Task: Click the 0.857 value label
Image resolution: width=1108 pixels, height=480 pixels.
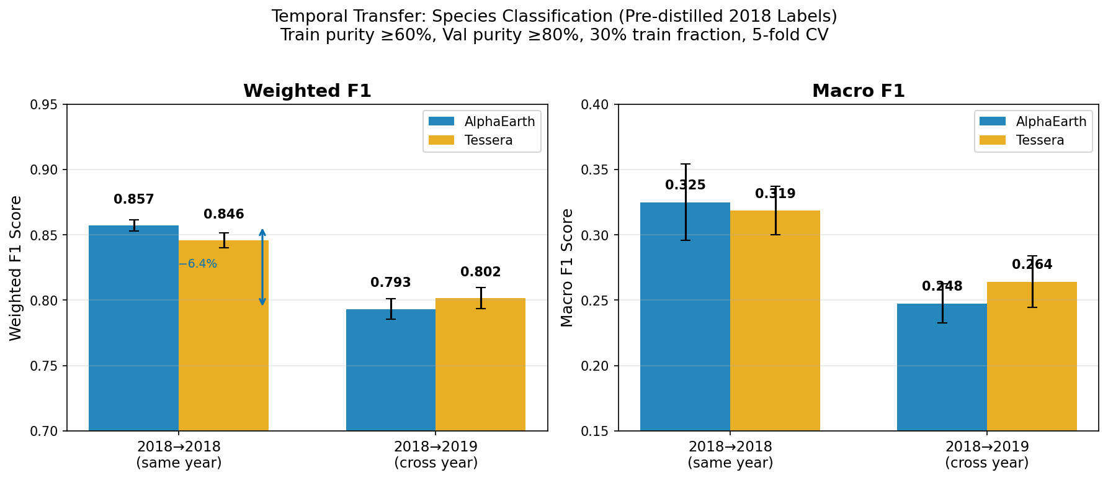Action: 133,200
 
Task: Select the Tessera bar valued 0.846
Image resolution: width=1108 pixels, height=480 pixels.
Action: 223,335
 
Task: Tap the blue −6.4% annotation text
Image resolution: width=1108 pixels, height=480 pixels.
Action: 197,264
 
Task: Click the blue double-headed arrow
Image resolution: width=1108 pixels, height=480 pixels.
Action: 262,267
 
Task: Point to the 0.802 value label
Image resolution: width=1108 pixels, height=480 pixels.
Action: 480,273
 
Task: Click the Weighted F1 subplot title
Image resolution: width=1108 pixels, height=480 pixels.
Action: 307,91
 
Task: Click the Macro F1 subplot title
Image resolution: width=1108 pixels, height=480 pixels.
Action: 858,91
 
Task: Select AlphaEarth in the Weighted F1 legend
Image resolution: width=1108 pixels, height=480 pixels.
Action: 499,122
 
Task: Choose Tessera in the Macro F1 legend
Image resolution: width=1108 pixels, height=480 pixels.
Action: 1040,140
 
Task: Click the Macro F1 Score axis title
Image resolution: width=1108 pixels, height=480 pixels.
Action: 567,268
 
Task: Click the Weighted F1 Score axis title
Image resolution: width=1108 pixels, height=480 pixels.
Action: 16,268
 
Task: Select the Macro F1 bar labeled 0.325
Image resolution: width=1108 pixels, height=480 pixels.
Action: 685,317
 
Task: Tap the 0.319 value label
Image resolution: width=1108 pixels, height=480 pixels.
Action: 775,194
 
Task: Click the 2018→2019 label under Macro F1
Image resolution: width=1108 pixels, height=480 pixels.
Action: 986,447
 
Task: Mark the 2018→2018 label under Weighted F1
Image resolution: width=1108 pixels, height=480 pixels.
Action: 179,447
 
